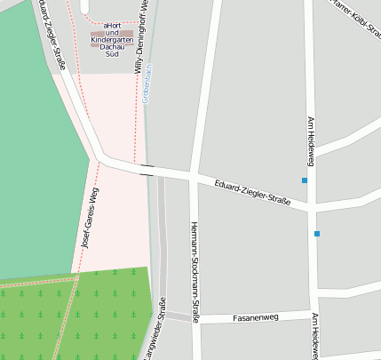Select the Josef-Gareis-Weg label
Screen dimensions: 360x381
click(x=90, y=216)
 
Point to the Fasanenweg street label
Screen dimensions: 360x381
click(x=255, y=316)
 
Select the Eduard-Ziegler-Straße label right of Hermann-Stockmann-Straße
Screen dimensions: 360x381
click(x=253, y=192)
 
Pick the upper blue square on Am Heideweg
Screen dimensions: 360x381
click(x=305, y=180)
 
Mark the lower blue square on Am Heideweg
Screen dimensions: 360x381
click(x=316, y=234)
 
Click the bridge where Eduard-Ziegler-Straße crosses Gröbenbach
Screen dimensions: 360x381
click(x=147, y=170)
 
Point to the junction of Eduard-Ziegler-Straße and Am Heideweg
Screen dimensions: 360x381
click(x=311, y=206)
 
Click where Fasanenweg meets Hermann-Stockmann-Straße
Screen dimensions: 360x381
click(x=194, y=318)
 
